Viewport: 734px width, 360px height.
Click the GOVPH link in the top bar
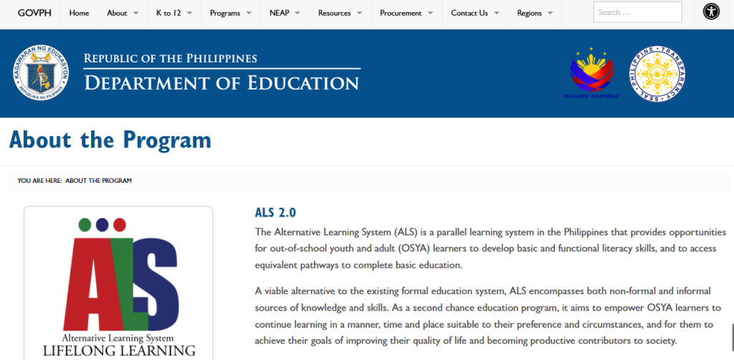30,13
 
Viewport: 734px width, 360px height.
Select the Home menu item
79,13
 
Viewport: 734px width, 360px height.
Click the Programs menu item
230,13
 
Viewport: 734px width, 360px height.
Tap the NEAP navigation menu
285,13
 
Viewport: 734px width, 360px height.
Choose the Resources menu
339,13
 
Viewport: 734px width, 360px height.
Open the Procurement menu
405,13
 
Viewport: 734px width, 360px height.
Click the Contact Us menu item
474,13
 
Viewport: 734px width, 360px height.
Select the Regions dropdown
534,13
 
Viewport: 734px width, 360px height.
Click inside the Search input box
637,12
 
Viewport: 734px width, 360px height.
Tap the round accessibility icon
711,12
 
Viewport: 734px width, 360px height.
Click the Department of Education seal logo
45,74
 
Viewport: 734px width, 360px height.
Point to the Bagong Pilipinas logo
591,74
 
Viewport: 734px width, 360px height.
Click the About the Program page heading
110,139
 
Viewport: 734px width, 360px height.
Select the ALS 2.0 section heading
275,213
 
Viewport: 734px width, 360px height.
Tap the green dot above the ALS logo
85,224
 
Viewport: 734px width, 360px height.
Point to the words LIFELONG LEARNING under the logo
119,351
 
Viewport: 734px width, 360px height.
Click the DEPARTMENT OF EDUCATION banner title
221,82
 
